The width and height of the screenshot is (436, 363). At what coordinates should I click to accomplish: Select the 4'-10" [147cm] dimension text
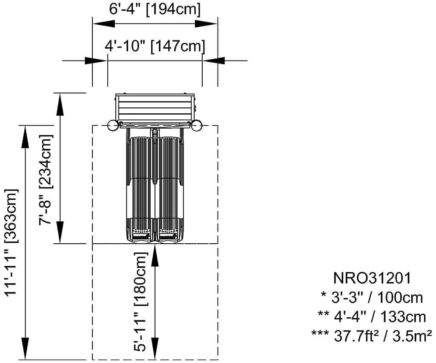tap(155, 46)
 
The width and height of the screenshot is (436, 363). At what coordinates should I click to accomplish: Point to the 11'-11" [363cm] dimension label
tap(12, 242)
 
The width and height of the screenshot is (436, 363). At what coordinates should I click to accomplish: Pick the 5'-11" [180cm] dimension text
tap(141, 302)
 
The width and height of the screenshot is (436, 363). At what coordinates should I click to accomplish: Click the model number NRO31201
tap(372, 278)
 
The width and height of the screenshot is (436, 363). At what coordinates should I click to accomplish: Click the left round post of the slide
tap(113, 126)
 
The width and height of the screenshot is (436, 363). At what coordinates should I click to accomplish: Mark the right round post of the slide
tap(196, 126)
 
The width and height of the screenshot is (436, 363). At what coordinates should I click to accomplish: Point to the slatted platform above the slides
tap(155, 108)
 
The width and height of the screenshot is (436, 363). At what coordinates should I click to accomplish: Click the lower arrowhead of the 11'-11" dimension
tap(26, 351)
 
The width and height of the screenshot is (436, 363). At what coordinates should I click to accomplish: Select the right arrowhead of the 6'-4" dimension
tap(209, 24)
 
